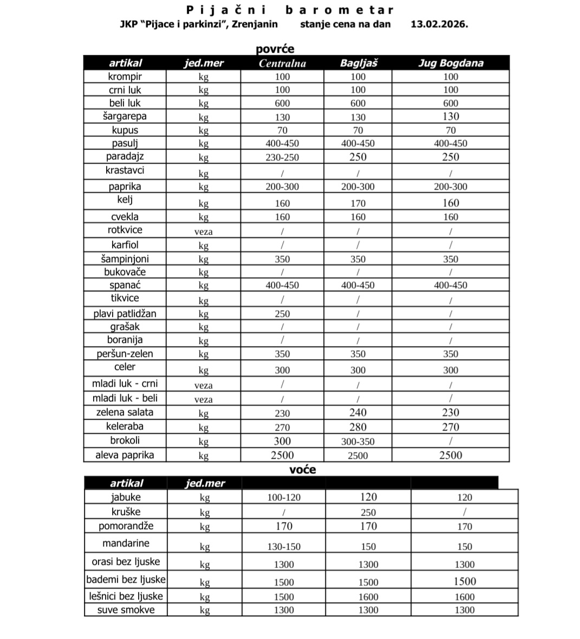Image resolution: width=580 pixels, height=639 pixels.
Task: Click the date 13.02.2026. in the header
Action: click(439, 24)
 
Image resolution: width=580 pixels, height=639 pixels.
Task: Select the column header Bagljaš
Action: click(358, 63)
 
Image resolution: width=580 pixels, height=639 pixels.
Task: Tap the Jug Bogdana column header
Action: click(451, 63)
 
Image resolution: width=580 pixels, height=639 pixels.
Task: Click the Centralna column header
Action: click(282, 63)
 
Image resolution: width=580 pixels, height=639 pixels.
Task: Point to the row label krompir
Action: click(125, 76)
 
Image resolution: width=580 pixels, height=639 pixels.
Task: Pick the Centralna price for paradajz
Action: click(282, 157)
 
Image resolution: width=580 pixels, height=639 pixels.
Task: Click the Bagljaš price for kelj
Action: click(358, 204)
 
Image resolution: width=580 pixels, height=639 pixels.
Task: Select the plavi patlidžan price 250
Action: click(282, 314)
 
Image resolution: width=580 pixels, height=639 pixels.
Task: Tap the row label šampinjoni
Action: click(125, 259)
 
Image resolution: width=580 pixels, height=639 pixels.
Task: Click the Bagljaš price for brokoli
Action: click(358, 441)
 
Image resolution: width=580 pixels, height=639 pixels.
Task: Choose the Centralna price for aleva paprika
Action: click(282, 455)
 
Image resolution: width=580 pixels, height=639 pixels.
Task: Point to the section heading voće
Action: click(302, 470)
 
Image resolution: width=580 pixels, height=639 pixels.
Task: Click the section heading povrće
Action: click(275, 49)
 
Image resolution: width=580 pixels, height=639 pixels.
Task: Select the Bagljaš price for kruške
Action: click(368, 512)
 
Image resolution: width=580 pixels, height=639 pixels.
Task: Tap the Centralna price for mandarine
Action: click(284, 546)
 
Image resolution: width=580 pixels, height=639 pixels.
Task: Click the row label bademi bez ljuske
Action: click(126, 579)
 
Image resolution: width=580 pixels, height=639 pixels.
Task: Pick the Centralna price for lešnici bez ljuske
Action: click(284, 597)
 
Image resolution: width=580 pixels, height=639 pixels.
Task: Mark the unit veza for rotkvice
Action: click(204, 232)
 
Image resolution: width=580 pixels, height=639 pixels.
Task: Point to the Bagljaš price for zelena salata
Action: click(358, 413)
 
